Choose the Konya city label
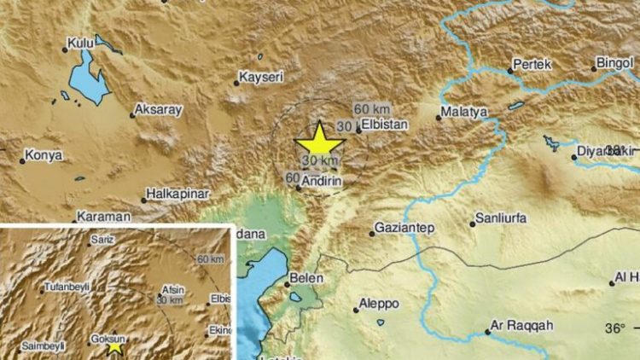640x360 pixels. (x=39, y=158)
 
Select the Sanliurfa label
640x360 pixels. (x=501, y=219)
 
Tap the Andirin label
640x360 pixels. (x=322, y=180)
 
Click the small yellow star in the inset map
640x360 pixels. (x=115, y=346)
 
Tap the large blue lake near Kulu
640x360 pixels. (x=89, y=75)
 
